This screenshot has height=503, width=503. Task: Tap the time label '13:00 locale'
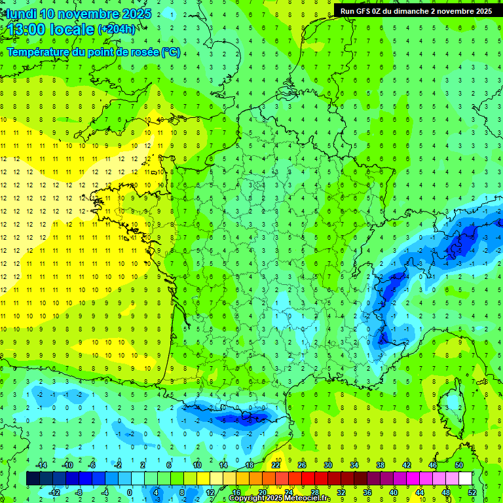(x=50, y=29)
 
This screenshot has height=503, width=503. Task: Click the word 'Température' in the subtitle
(x=37, y=52)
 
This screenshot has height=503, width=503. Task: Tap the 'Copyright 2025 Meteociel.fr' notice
(x=279, y=498)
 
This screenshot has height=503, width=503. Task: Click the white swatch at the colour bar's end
(x=465, y=479)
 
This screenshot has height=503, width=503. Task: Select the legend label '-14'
(x=42, y=465)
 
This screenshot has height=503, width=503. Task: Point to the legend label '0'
(x=130, y=493)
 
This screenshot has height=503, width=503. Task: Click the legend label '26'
(x=302, y=465)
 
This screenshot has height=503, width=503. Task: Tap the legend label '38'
(x=380, y=465)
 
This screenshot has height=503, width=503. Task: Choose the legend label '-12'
(x=54, y=493)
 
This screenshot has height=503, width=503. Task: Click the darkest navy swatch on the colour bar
(x=33, y=479)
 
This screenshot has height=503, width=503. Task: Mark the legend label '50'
(x=458, y=465)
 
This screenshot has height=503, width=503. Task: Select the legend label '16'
(x=236, y=493)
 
